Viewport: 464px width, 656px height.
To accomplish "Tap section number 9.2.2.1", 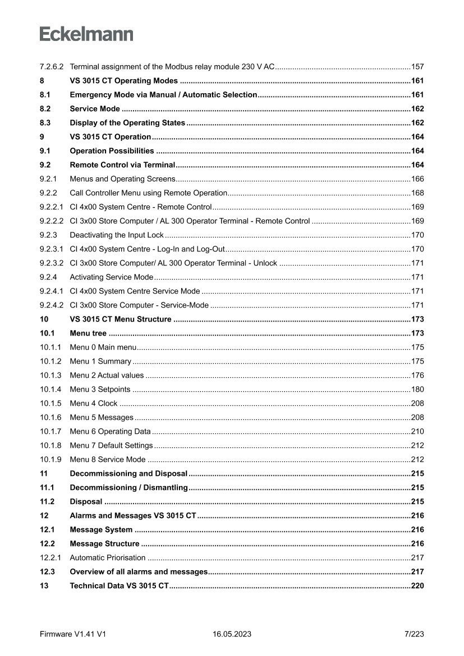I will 52,207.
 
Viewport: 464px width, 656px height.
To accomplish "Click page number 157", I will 417,67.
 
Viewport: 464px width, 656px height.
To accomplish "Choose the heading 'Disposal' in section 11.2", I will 86,502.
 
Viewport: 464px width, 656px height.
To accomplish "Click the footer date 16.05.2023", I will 232,634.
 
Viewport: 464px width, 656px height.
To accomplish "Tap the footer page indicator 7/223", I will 414,634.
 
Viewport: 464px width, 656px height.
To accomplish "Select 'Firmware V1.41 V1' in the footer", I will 73,634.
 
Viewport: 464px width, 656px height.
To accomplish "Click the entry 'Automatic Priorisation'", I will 108,558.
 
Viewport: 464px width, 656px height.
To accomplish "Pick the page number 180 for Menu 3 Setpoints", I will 417,389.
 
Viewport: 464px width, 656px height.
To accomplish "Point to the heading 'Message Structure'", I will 104,544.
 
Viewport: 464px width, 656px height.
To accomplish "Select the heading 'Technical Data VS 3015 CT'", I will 119,586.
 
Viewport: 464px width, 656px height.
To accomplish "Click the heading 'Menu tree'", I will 88,333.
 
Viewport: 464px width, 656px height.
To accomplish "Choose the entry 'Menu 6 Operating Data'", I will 110,432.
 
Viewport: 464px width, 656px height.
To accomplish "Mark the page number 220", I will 417,586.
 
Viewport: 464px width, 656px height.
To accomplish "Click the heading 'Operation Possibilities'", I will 112,151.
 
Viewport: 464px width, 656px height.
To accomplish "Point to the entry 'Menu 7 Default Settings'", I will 111,446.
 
